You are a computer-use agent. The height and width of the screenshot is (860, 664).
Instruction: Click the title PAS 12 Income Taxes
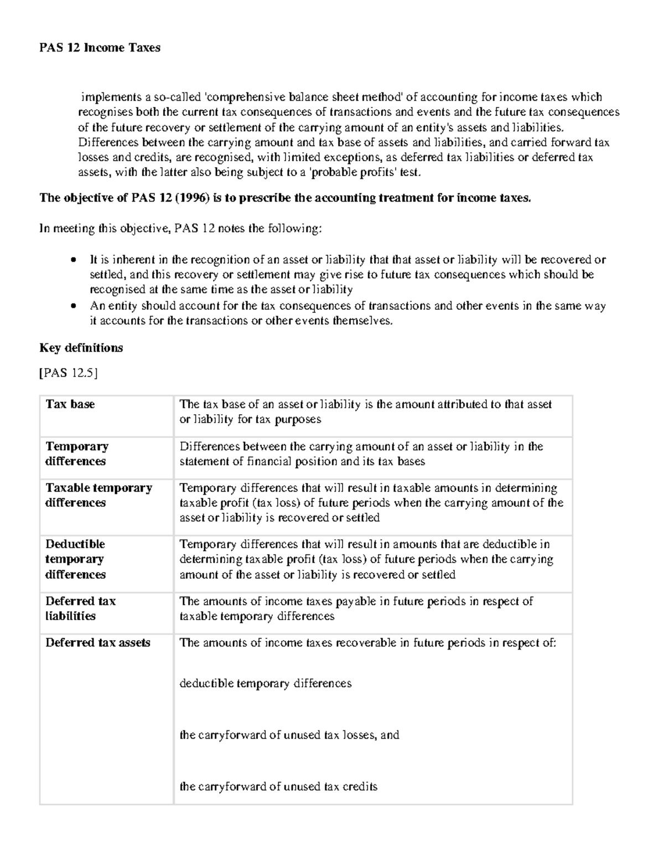coord(100,48)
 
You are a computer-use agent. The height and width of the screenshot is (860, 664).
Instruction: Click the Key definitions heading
coord(81,348)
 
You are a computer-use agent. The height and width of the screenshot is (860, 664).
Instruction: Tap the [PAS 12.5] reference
coord(68,373)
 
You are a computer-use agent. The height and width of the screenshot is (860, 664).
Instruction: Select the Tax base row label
coord(70,404)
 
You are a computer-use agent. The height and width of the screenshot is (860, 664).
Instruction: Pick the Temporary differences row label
coord(76,454)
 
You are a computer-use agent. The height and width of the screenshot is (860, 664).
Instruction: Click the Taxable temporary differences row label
coord(98,495)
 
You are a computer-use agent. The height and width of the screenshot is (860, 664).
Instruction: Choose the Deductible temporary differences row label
coord(75,559)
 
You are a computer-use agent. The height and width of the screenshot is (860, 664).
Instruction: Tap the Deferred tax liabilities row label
coord(80,608)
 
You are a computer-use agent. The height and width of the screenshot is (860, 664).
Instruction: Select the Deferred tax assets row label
coord(98,642)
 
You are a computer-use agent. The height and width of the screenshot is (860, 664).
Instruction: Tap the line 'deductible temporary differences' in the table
coord(266,683)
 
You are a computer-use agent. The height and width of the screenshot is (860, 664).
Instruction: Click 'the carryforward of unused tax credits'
coord(278,786)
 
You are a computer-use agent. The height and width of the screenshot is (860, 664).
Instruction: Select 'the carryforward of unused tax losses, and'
coord(289,735)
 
